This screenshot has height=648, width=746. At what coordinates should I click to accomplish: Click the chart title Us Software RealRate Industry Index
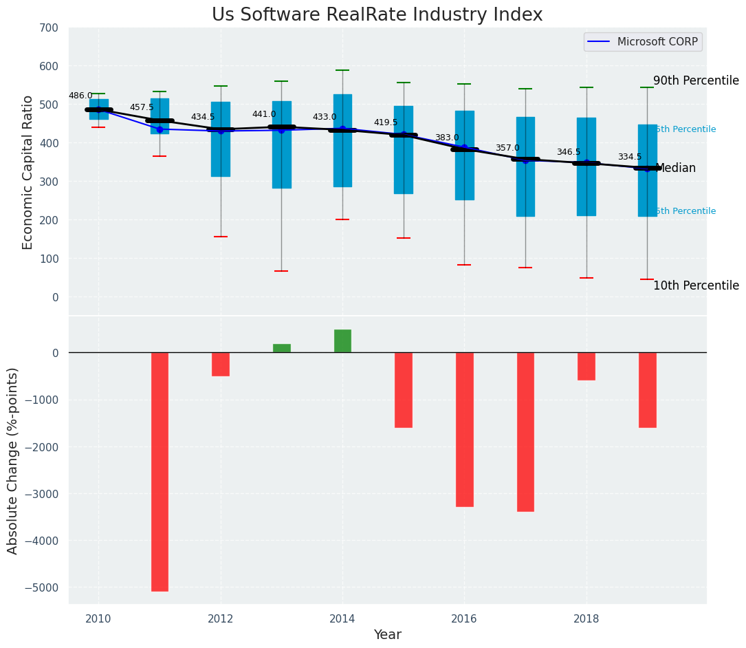pyautogui.click(x=377, y=15)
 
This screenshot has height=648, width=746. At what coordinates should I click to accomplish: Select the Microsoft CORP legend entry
pyautogui.click(x=643, y=42)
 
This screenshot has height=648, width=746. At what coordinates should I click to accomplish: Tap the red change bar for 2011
pyautogui.click(x=160, y=471)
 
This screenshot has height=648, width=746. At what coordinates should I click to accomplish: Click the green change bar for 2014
pyautogui.click(x=342, y=341)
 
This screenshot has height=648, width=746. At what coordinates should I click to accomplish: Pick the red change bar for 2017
pyautogui.click(x=525, y=431)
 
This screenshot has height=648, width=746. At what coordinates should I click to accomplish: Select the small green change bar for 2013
pyautogui.click(x=281, y=348)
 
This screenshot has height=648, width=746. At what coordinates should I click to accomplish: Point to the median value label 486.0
pyautogui.click(x=80, y=96)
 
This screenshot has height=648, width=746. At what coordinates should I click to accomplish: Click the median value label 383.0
pyautogui.click(x=447, y=138)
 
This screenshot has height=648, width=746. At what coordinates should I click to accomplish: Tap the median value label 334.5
pyautogui.click(x=630, y=158)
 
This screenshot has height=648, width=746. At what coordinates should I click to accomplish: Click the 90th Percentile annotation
pyautogui.click(x=696, y=80)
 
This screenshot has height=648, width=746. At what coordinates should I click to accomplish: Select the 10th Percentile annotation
pyautogui.click(x=696, y=285)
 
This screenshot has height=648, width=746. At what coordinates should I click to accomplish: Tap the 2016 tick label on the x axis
pyautogui.click(x=464, y=618)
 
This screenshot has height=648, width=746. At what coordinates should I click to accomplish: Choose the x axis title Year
pyautogui.click(x=388, y=635)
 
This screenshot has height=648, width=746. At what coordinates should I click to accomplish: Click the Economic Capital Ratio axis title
pyautogui.click(x=28, y=172)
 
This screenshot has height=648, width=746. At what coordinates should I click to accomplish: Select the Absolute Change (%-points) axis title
pyautogui.click(x=13, y=461)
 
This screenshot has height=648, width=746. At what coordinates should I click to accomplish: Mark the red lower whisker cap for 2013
pyautogui.click(x=281, y=271)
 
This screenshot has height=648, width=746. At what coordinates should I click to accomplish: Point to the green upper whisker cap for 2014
pyautogui.click(x=342, y=70)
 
